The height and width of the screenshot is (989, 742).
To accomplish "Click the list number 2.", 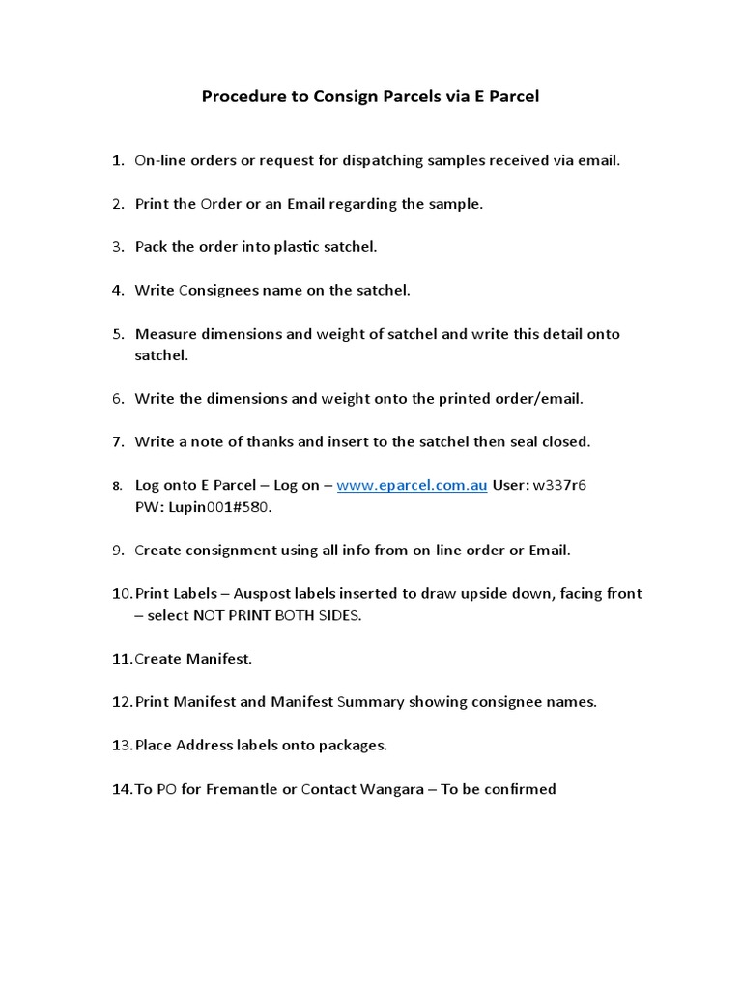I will pyautogui.click(x=117, y=204).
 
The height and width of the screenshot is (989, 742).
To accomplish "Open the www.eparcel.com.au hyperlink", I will pyautogui.click(x=412, y=485).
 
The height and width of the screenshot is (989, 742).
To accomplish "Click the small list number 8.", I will pyautogui.click(x=117, y=486).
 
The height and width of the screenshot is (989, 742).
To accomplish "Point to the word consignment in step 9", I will pyautogui.click(x=232, y=551).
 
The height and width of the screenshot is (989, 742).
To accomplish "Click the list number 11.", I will pyautogui.click(x=121, y=659).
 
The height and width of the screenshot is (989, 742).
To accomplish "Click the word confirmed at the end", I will pyautogui.click(x=520, y=789).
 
